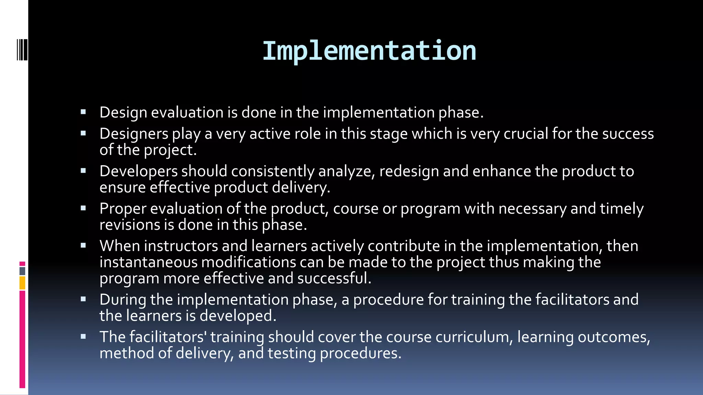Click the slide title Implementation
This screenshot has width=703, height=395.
[x=369, y=51]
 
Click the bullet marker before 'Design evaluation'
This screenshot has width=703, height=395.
[x=83, y=112]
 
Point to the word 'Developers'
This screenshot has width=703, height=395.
[x=138, y=171]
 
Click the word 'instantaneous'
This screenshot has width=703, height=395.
[x=148, y=262]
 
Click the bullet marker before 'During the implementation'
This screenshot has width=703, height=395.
[x=83, y=299]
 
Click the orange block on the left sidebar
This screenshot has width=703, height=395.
[x=22, y=283]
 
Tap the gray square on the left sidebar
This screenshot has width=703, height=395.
[x=22, y=271]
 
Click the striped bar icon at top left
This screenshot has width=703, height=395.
[x=22, y=50]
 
